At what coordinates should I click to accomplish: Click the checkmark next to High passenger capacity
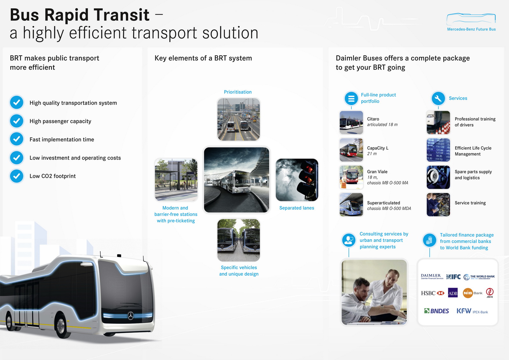[x=17, y=121]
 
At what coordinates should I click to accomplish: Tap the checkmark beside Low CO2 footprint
[x=17, y=176]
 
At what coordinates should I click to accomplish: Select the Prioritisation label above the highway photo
[x=238, y=92]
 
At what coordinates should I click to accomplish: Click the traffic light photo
[x=297, y=180]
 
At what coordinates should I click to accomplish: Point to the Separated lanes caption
[x=296, y=208]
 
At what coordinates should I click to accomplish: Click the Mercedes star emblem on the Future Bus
[x=131, y=316]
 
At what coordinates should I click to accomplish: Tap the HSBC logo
[x=432, y=293]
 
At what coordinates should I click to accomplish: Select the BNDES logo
[x=436, y=311]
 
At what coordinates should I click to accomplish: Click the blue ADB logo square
[x=453, y=293]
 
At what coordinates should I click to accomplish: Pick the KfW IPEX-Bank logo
[x=472, y=311]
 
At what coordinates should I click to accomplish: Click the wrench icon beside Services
[x=438, y=98]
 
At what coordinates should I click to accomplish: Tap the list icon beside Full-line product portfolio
[x=351, y=98]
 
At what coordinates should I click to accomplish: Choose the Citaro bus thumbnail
[x=351, y=123]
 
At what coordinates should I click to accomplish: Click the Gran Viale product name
[x=377, y=172]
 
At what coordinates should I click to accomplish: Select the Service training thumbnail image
[x=438, y=204]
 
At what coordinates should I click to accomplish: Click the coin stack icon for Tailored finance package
[x=429, y=240]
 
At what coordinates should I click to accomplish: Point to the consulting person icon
[x=349, y=240]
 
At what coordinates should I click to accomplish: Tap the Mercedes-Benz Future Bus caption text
[x=471, y=29]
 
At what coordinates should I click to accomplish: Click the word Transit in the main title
[x=122, y=15]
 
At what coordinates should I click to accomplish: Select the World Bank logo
[x=479, y=277]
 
